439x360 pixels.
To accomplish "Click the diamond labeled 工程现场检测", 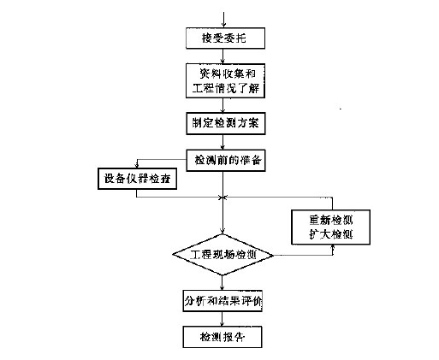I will tap(223, 255).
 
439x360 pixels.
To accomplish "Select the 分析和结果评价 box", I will tap(223, 302).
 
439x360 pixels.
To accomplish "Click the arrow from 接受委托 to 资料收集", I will tap(223, 56).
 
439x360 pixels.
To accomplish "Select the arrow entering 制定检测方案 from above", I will tap(223, 106).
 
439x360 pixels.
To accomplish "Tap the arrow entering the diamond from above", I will tap(223, 229).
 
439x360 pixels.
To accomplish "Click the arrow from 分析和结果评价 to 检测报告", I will tap(223, 319).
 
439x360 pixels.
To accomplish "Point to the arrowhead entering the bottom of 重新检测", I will tap(332, 245).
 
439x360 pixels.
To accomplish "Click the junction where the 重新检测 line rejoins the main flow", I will tap(223, 198).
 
